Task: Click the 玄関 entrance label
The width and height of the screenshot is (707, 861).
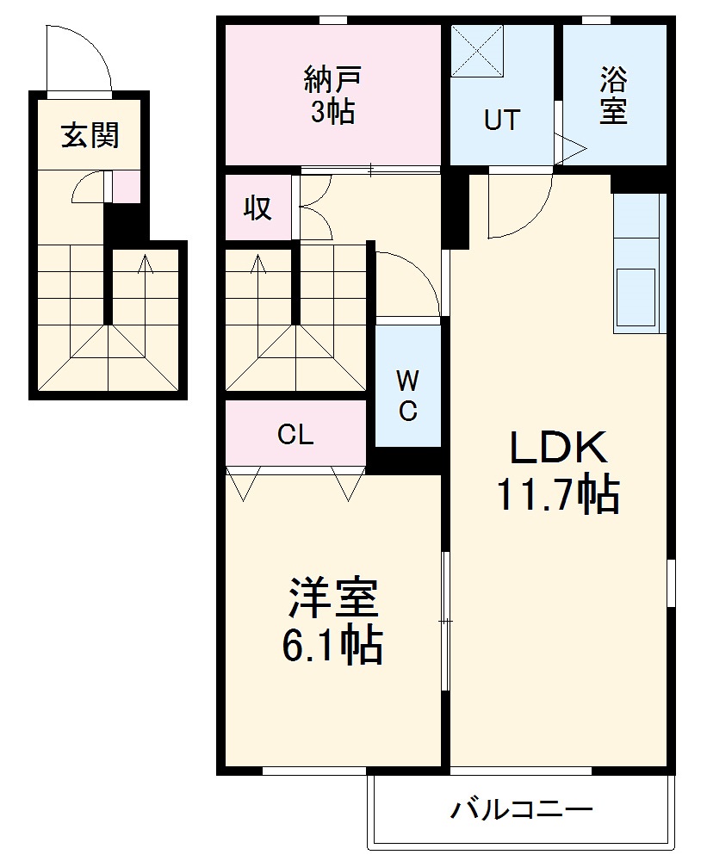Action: point(90,135)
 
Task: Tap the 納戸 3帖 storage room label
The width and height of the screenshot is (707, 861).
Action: point(333,95)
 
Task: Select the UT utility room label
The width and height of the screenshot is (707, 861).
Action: point(501,120)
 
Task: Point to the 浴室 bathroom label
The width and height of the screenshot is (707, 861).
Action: point(613,95)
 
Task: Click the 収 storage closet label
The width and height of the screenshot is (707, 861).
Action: point(257,208)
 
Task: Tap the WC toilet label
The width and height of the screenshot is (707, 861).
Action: point(408,395)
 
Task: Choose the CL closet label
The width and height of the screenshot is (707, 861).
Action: point(295,435)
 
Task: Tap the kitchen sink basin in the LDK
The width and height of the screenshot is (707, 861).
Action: point(636,297)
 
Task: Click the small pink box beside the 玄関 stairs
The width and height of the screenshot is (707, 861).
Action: point(127,187)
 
